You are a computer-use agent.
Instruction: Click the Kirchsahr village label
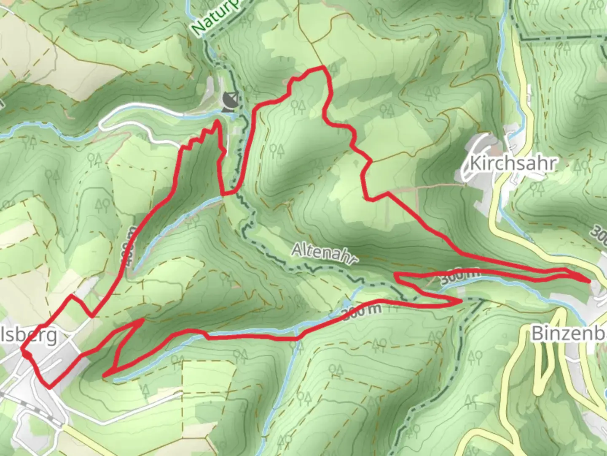pos(513,163)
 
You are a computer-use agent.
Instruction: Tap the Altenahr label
pos(322,254)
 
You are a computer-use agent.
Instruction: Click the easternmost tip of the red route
pos(588,280)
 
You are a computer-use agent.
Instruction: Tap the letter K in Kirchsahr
pos(474,163)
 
